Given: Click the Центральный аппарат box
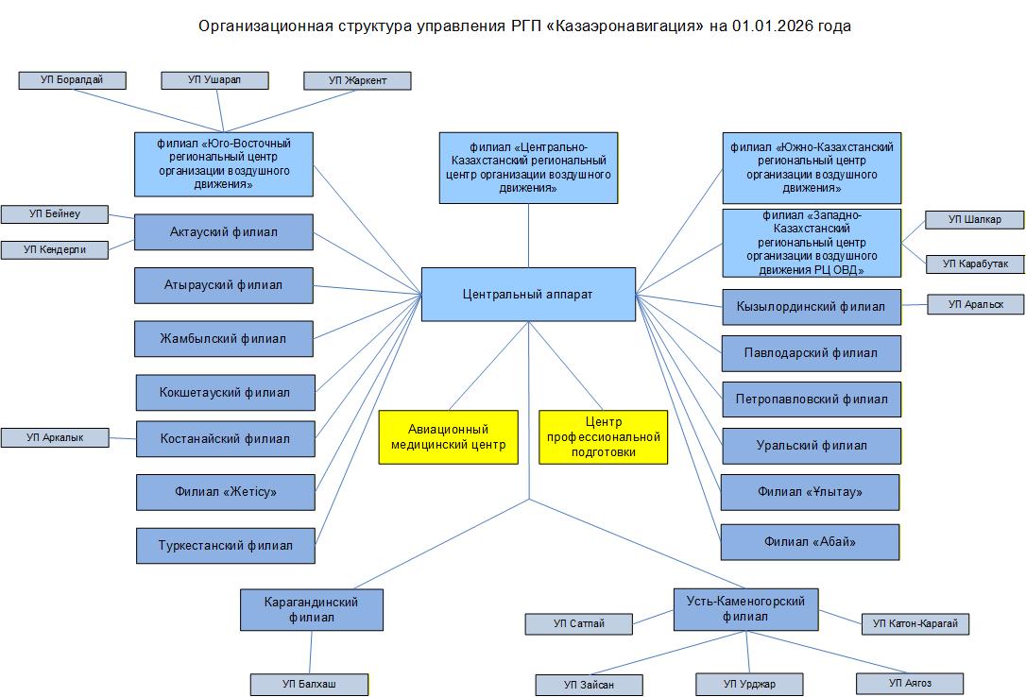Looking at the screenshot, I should (528, 294).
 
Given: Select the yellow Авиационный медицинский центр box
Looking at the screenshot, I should (449, 436).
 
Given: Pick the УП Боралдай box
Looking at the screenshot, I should (73, 80).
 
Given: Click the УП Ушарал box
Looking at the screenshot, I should (214, 80).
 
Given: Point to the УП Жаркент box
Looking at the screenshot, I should (357, 81).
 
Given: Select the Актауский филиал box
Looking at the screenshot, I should (224, 231).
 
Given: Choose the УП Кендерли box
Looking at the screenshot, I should (55, 249).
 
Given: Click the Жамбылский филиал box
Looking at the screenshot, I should (224, 338).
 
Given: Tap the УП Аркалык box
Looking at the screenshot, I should (55, 437).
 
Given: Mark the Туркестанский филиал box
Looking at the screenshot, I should (226, 545).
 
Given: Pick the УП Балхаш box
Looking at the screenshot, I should (308, 683).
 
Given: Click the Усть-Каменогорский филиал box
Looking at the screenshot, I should (745, 609).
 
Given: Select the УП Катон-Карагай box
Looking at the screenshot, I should (915, 623).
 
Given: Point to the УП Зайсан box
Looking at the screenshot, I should (590, 685).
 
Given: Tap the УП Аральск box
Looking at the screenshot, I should (974, 304).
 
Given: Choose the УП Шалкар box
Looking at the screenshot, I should (973, 219).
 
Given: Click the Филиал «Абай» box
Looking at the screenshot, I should (810, 541).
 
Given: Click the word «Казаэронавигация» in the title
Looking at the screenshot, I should (624, 26).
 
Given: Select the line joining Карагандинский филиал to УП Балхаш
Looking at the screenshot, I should (311, 652).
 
